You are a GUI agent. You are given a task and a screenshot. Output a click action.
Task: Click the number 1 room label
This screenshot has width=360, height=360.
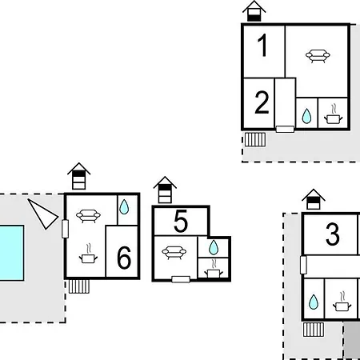point(262,46)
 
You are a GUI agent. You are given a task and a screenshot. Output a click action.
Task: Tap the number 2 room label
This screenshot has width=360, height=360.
point(262,102)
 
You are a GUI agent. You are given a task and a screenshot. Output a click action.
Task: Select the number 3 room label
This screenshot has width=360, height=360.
point(333,234)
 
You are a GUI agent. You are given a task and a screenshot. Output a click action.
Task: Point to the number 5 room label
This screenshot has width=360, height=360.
point(181,221)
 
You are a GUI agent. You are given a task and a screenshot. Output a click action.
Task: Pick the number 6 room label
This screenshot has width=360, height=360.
point(124,258)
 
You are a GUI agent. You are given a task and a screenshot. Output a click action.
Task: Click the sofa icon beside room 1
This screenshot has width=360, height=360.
point(318,56)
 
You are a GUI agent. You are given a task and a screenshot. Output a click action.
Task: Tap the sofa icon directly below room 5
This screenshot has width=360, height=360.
point(174,253)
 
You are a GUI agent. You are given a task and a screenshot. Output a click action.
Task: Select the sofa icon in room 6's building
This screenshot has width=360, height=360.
point(88,216)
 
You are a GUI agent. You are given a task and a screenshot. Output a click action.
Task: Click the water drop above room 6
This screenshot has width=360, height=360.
point(124,207)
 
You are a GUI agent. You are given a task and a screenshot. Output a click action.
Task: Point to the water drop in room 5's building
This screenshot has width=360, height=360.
point(214,247)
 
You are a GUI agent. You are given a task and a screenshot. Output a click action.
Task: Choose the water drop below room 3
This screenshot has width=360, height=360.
point(314,302)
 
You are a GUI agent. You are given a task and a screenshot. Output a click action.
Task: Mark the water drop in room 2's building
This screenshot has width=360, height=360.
point(306,116)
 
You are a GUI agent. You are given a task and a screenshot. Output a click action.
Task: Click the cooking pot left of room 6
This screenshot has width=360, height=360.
point(88,254)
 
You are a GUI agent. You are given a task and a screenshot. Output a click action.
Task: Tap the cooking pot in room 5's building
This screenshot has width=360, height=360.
point(214,270)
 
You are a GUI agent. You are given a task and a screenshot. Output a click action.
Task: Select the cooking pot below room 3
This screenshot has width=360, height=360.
point(342,302)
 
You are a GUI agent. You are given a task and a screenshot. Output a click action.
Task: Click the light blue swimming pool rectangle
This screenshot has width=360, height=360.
point(12,253)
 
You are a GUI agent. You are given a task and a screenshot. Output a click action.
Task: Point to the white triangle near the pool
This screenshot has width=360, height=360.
point(44,214)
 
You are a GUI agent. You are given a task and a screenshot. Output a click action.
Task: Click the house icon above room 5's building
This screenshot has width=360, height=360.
point(165,190)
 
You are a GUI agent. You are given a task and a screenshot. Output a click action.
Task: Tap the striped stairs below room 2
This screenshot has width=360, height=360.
point(255,139)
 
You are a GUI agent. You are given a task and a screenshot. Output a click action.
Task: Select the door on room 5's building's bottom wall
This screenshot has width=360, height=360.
point(181,279)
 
